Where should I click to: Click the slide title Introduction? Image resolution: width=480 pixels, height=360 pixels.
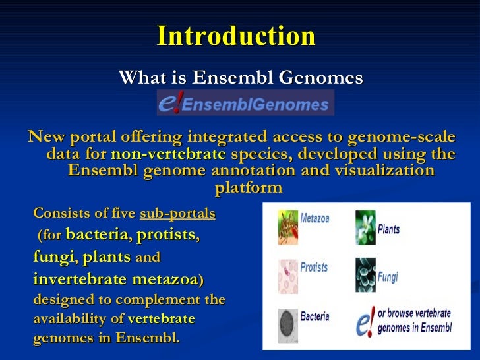236,36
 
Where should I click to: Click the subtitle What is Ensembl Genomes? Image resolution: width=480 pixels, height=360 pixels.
241,78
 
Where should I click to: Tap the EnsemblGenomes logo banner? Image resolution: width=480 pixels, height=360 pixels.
245,104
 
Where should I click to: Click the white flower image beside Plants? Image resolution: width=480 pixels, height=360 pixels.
365,227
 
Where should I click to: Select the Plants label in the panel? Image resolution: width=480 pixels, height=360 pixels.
388,229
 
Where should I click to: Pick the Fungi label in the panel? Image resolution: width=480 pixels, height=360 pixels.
388,278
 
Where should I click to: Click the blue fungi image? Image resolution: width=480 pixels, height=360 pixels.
365,274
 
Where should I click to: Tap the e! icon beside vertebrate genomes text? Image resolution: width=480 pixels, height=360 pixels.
365,324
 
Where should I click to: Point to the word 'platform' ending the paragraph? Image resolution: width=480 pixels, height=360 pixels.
248,188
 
